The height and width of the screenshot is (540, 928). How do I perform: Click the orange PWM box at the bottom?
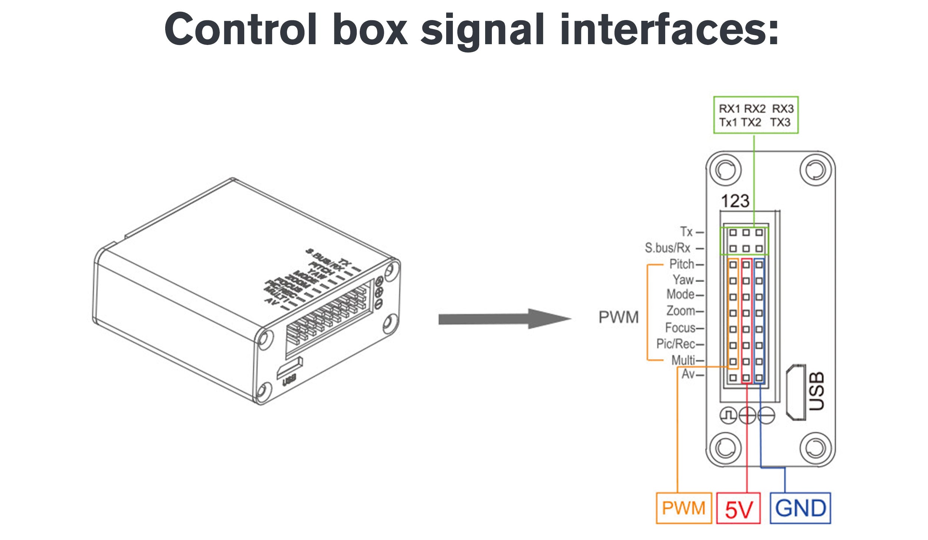(683, 508)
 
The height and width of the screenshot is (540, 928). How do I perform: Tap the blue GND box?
(800, 508)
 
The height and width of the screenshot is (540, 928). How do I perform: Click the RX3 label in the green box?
(783, 109)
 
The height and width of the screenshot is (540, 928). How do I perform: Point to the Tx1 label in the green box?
(728, 122)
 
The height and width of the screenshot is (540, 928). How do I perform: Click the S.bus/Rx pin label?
(667, 248)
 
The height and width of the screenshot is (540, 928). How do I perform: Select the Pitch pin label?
(682, 264)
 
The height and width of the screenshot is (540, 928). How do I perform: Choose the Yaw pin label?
(683, 280)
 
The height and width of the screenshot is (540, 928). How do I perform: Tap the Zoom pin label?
(680, 310)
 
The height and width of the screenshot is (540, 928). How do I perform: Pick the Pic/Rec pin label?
(676, 344)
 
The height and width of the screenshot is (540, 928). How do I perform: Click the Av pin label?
(688, 374)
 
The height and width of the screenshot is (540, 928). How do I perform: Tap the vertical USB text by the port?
(817, 391)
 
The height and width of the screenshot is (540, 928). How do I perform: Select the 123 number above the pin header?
(735, 201)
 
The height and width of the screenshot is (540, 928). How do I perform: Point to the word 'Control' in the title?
(241, 30)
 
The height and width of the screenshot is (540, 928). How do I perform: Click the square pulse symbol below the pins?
(728, 416)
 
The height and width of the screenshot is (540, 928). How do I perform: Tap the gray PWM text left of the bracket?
(618, 317)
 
